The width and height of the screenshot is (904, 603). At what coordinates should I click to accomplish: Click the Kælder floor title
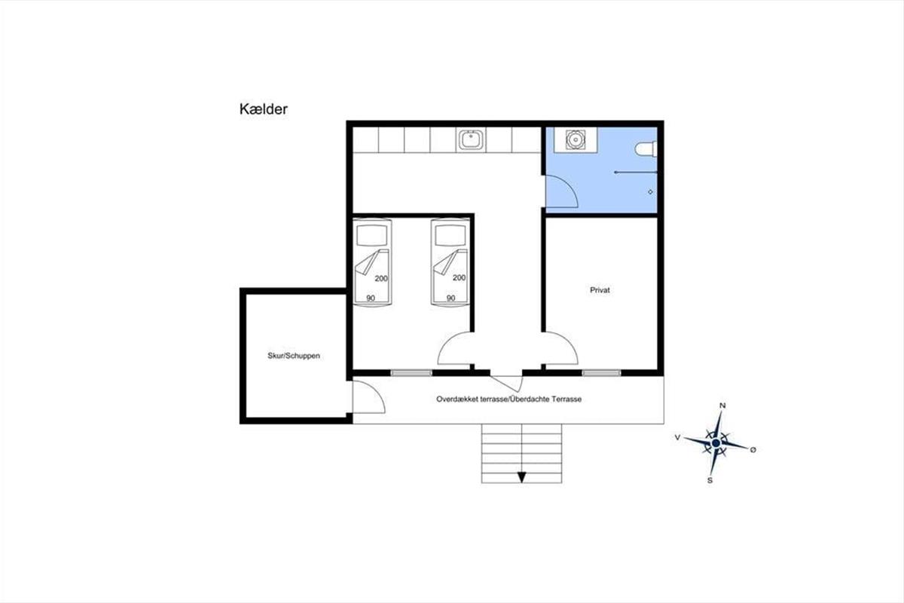click(263, 109)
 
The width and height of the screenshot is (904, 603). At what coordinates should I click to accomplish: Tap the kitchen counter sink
click(471, 139)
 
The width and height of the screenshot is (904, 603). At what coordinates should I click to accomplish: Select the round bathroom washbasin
click(575, 139)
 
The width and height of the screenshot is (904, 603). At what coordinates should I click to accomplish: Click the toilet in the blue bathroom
click(646, 148)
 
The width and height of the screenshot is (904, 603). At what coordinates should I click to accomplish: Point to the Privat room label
click(600, 290)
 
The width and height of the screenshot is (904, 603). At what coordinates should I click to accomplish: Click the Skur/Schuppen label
click(294, 356)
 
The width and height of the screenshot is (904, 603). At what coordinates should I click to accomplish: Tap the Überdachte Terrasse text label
click(545, 399)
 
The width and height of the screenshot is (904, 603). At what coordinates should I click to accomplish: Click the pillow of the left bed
click(372, 236)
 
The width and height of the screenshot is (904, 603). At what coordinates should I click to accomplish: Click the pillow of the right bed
click(450, 236)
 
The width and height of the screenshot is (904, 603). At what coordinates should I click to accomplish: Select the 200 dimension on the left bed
click(381, 278)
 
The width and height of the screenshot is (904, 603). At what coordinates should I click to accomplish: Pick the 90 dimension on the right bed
click(450, 298)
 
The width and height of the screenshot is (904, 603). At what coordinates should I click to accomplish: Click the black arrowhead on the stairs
click(522, 477)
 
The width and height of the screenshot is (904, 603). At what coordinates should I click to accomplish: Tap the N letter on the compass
click(722, 406)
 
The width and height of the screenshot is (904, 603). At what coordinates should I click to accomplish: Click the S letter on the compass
click(710, 480)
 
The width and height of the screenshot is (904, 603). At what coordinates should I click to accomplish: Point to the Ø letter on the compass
click(753, 450)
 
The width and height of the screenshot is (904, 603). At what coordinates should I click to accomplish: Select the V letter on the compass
click(677, 437)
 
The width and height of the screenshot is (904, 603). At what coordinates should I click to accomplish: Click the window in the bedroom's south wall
click(411, 373)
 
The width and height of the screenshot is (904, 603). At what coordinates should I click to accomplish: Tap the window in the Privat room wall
click(601, 373)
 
